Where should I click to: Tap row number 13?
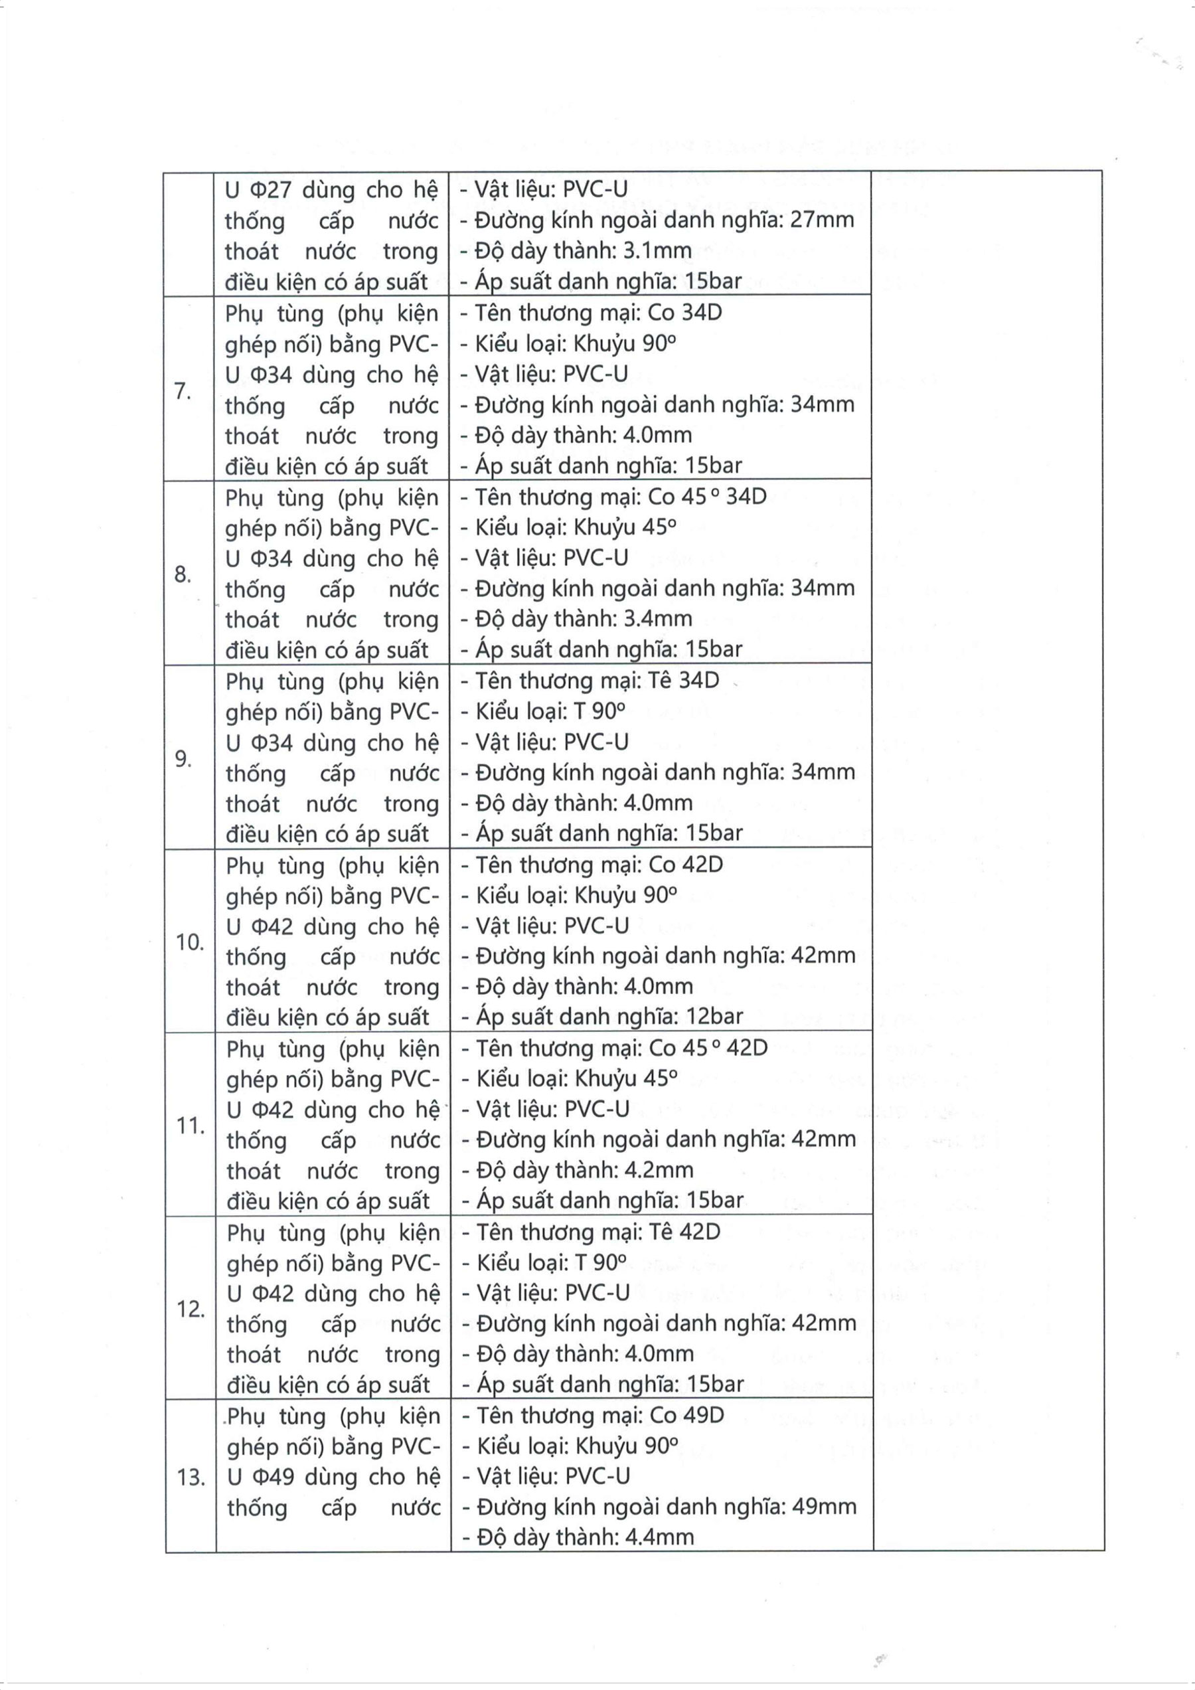tap(190, 1478)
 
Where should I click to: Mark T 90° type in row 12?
tap(600, 1262)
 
